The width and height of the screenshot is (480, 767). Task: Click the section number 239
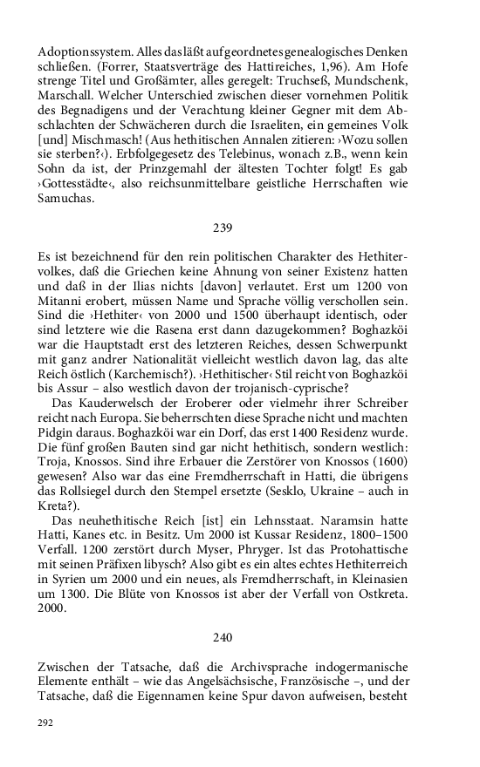223,227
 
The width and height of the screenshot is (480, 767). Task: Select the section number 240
223,638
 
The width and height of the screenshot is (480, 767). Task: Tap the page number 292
46,722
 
